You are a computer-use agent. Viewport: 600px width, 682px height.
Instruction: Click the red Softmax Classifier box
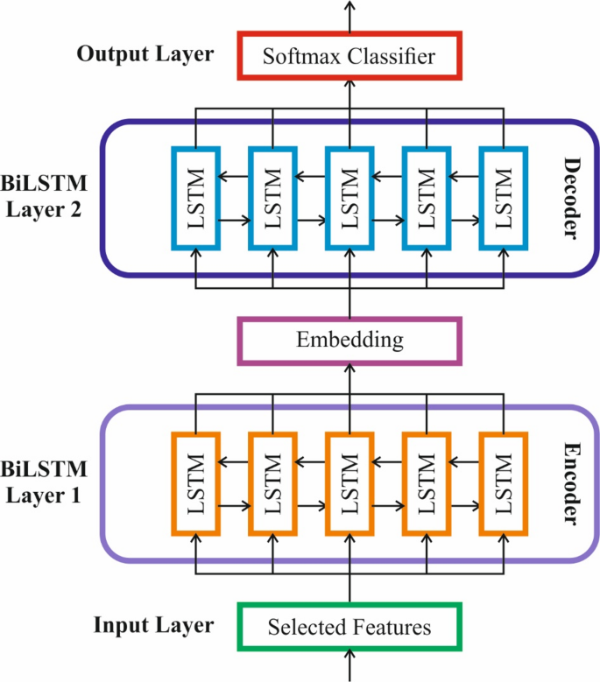point(349,58)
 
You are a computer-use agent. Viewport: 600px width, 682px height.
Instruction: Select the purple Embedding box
point(349,339)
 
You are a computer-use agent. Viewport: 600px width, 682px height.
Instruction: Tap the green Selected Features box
point(349,627)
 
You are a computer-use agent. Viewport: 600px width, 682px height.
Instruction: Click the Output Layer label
point(145,54)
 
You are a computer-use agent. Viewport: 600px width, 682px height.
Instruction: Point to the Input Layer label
point(153,625)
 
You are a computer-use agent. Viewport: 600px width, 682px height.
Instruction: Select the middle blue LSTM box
point(349,198)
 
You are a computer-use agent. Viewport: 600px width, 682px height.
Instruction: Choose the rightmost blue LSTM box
point(505,198)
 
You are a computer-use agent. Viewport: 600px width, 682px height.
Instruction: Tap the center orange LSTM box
point(349,483)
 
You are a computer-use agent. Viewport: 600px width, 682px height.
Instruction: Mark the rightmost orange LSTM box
point(505,483)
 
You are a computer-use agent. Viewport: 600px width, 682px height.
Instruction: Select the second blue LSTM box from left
point(273,198)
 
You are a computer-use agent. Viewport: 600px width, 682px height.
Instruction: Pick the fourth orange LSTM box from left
point(427,483)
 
